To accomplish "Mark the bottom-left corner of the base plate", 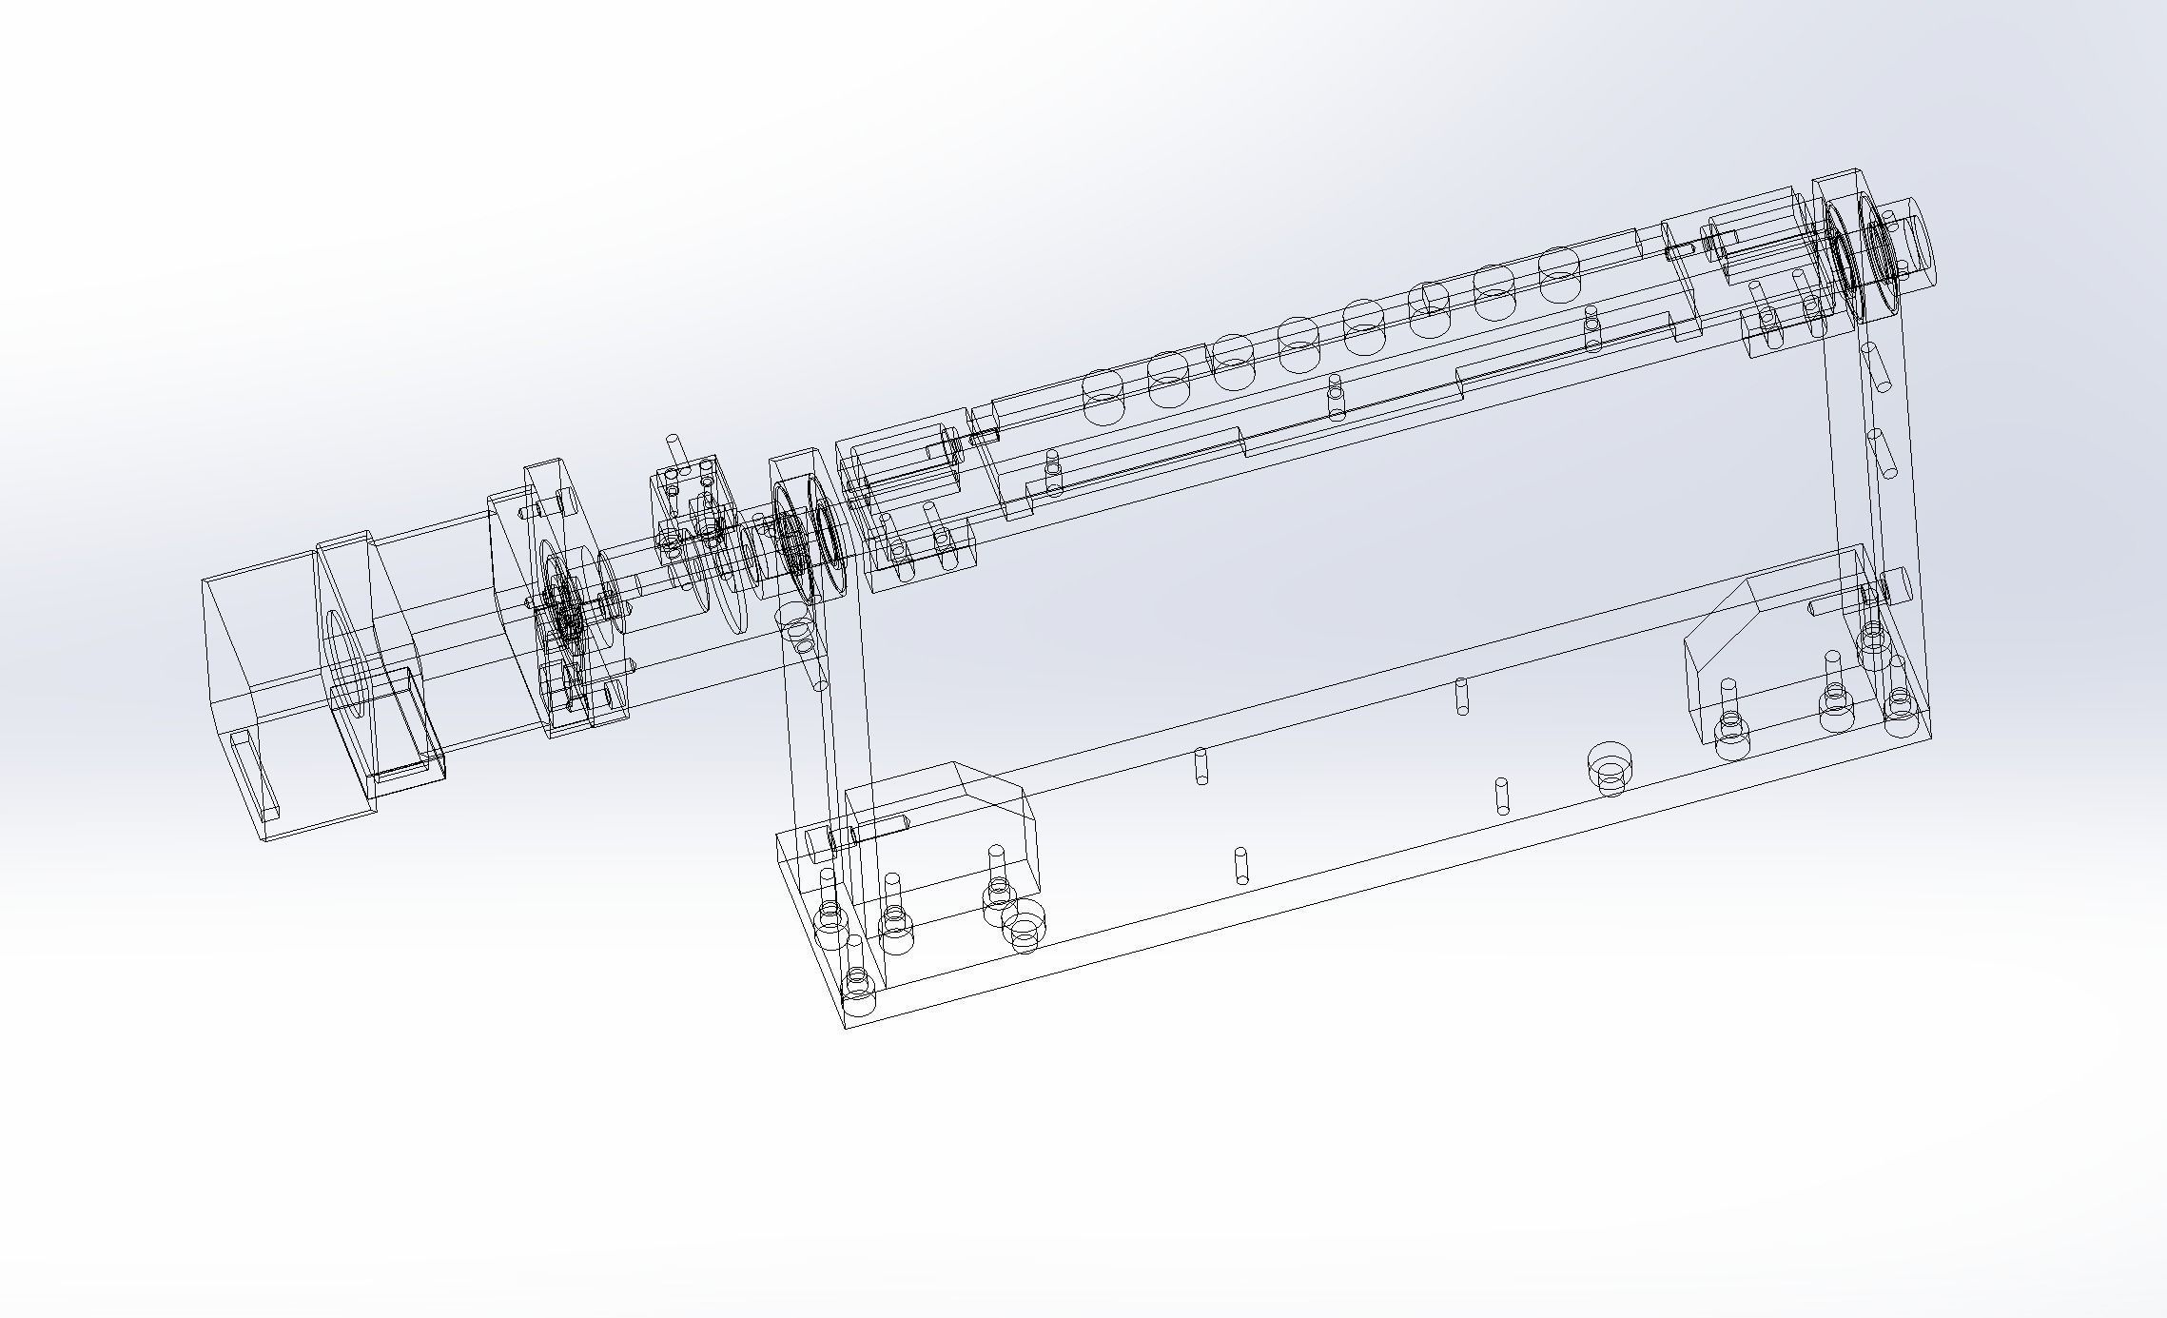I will coord(846,1028).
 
